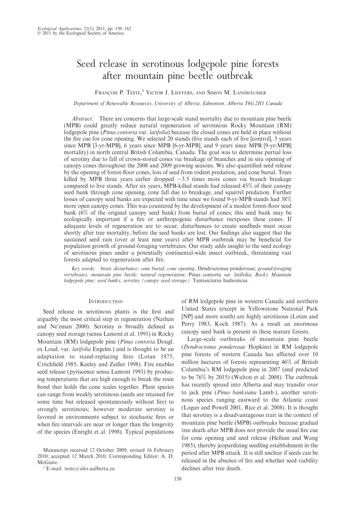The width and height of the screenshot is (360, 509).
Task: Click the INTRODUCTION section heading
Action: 106,301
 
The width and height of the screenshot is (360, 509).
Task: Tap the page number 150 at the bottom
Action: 178,479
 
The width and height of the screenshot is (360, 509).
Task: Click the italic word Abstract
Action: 82,119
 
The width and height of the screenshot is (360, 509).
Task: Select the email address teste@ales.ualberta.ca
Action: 89,468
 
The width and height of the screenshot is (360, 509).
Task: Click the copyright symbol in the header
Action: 39,33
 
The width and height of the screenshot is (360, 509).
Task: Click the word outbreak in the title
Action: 234,76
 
